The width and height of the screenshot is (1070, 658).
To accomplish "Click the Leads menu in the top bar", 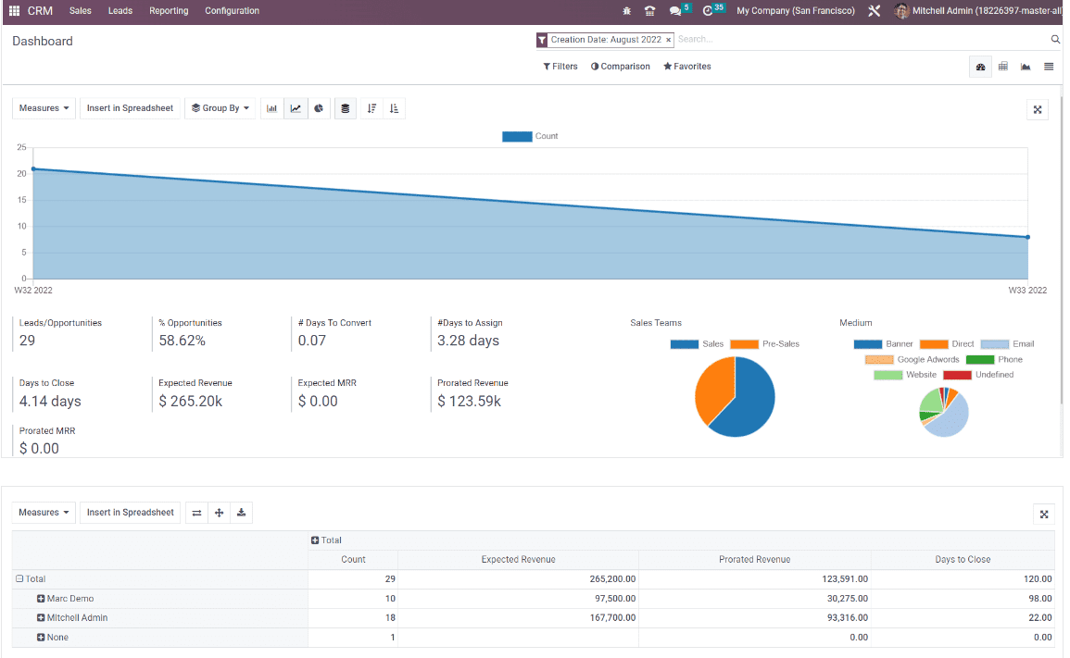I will tap(120, 11).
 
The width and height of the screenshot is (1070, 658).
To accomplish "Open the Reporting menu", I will tap(169, 11).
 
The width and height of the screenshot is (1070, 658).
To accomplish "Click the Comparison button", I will tap(621, 67).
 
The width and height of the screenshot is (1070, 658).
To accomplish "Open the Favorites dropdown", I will tap(687, 67).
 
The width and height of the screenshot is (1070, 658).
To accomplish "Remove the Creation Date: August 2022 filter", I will tap(668, 40).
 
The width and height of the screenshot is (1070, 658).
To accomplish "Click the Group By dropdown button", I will tap(220, 108).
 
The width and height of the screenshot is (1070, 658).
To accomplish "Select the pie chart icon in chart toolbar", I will tap(319, 108).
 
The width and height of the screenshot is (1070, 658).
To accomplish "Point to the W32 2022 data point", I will tap(33, 169).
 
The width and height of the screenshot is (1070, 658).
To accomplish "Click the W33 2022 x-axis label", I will tap(1027, 291).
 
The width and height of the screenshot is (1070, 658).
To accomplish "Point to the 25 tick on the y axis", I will tap(21, 148).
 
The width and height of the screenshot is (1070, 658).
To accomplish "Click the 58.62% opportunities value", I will tap(182, 341).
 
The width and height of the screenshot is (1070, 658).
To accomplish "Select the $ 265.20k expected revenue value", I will tap(190, 402).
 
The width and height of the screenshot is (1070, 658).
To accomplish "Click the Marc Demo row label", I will tap(70, 599).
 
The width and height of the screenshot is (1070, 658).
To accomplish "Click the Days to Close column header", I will tap(963, 559).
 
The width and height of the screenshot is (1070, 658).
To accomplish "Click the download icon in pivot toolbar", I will tap(241, 513).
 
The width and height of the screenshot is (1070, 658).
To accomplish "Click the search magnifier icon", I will tap(1055, 40).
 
